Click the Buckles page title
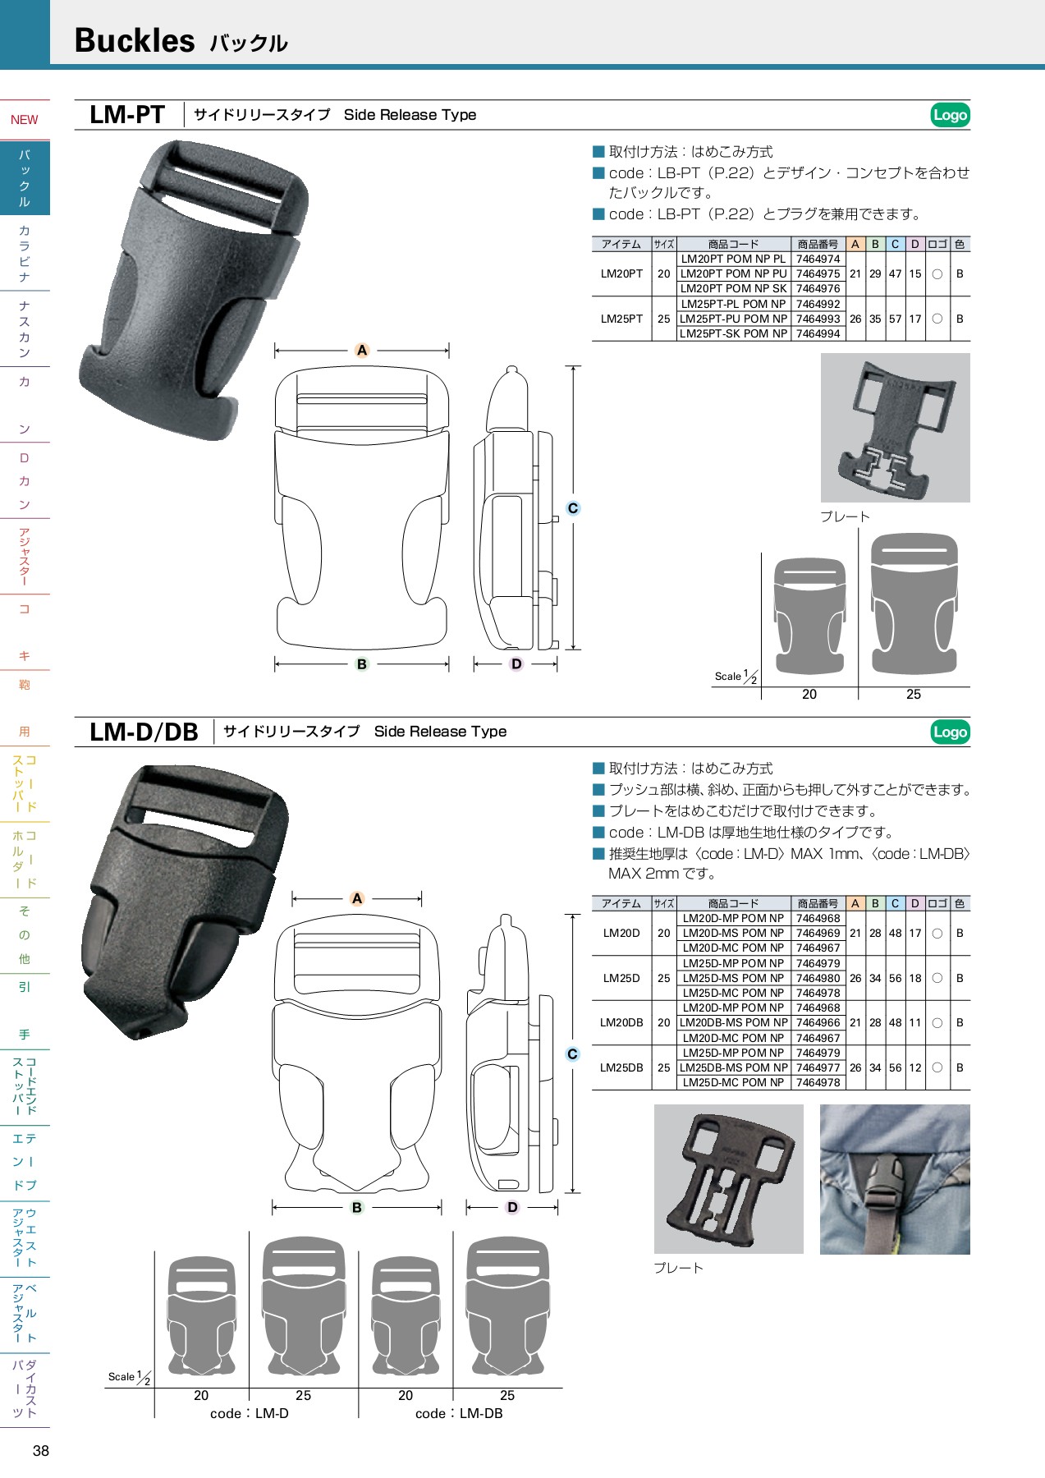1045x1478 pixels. [135, 40]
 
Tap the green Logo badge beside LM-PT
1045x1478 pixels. [950, 115]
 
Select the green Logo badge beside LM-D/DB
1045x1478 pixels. [950, 732]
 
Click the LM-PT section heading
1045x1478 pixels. [127, 115]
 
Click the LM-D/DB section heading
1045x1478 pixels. [144, 732]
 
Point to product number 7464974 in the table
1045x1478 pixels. [818, 259]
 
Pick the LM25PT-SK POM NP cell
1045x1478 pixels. [733, 334]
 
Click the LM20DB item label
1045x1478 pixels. [621, 1023]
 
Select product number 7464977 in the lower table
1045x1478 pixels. [818, 1068]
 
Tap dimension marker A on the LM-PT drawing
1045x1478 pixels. [362, 351]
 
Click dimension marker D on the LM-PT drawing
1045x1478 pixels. [516, 664]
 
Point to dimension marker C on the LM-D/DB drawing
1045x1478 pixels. [572, 1054]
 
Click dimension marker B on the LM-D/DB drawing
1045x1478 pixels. [357, 1208]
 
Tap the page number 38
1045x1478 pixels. [41, 1451]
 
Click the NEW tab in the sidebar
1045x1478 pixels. [25, 120]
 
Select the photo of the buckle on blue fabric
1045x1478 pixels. [895, 1179]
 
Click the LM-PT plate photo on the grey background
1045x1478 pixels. [895, 428]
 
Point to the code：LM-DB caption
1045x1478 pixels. [459, 1414]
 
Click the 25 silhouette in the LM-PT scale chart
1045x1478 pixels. [914, 605]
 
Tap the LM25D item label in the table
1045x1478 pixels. [621, 978]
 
